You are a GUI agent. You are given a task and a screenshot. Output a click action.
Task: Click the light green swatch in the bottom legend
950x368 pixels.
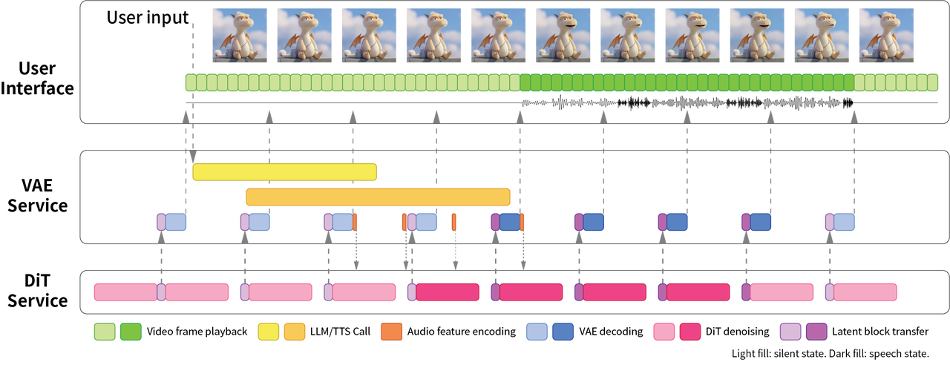(105, 332)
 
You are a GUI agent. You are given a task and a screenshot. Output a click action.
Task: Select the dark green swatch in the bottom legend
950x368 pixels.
(131, 332)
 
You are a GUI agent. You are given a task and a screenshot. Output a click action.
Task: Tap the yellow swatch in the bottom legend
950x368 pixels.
(269, 332)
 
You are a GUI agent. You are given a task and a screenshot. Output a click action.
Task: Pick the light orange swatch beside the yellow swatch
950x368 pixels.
(295, 332)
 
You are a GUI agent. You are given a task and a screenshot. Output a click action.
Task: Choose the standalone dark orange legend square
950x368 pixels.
(392, 332)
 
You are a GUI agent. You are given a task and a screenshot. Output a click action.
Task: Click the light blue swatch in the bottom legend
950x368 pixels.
(537, 332)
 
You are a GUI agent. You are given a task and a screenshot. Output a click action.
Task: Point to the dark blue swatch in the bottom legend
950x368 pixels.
(563, 332)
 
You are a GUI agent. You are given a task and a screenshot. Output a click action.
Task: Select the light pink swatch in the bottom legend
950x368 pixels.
(664, 332)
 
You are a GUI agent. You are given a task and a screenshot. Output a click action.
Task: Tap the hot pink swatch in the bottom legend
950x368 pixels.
(690, 332)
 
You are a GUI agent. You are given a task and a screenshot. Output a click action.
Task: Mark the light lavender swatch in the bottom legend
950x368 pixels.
(790, 332)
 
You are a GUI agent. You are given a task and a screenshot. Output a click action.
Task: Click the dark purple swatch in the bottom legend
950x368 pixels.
(816, 332)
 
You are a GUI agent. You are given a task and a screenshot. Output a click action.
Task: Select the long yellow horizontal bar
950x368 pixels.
(285, 172)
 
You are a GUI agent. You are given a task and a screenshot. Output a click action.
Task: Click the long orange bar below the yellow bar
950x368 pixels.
(378, 197)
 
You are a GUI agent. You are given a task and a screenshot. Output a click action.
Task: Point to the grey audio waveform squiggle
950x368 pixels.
(687, 102)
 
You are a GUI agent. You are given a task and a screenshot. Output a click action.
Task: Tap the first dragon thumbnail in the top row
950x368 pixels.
(239, 36)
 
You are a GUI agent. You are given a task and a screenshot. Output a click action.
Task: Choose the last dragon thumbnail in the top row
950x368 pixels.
(886, 36)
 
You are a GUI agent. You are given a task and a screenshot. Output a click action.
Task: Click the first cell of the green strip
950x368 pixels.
(191, 82)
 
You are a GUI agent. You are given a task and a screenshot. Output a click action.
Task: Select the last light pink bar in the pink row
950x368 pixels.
(865, 292)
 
